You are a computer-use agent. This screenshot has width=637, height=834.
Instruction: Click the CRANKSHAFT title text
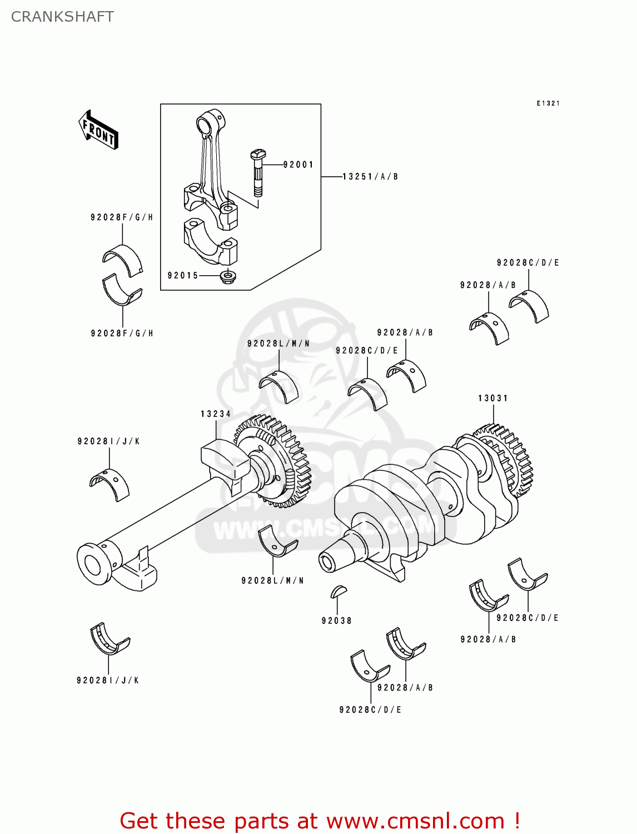tap(62, 17)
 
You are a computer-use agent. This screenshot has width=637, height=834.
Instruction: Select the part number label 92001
tap(298, 165)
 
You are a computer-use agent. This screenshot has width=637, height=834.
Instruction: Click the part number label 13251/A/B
tap(370, 177)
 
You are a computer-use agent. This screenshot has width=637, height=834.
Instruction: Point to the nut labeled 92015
tap(227, 276)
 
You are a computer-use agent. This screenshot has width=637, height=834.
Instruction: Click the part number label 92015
tap(183, 276)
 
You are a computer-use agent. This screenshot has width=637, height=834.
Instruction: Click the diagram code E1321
tap(548, 103)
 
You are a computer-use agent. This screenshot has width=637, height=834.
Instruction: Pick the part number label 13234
tap(216, 414)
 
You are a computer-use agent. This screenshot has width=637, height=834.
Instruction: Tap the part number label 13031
tap(493, 398)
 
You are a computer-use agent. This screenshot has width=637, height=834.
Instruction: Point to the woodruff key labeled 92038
tap(338, 592)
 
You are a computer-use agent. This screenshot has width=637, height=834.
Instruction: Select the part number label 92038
tap(337, 621)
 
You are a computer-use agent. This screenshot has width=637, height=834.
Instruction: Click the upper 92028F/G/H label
tap(122, 217)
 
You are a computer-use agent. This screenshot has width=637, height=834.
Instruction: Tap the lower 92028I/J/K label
tap(108, 681)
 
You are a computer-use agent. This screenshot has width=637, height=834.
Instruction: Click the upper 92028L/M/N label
tap(278, 344)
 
